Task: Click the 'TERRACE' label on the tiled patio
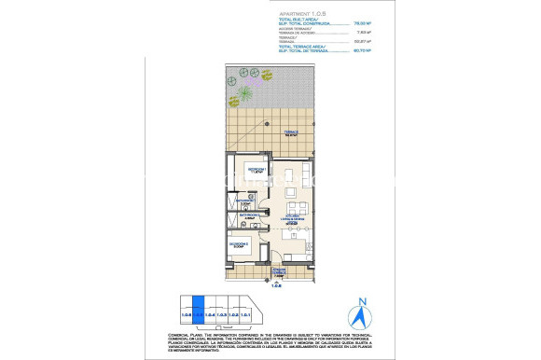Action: (290, 133)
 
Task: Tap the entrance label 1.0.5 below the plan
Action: (275, 286)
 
